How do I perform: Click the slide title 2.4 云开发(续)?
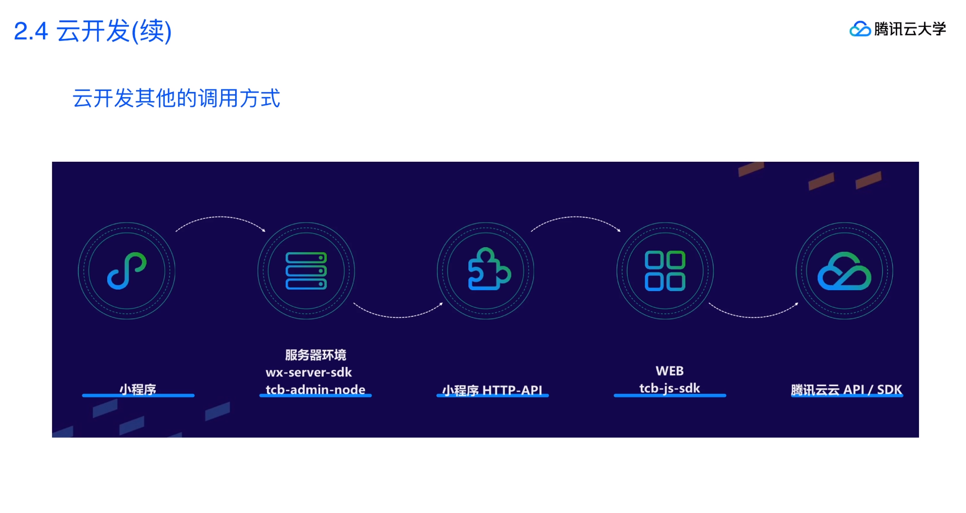93,31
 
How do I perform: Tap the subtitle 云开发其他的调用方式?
176,98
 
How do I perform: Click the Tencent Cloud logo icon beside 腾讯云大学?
859,29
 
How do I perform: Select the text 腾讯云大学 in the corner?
910,29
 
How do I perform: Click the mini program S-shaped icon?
126,271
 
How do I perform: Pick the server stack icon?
306,271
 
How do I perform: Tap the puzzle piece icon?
488,270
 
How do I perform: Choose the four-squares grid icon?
665,271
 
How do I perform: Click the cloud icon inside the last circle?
844,271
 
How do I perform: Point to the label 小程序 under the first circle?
138,389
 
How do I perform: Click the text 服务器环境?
316,355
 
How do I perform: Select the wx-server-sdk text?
309,372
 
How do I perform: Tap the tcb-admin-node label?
315,389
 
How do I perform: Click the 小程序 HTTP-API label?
492,390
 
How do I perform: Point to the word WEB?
670,371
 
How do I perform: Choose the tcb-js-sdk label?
670,388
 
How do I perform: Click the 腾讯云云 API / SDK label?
846,389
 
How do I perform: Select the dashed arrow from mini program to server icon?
221,218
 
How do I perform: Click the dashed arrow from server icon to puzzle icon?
398,315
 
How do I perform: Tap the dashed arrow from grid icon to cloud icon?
754,315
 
